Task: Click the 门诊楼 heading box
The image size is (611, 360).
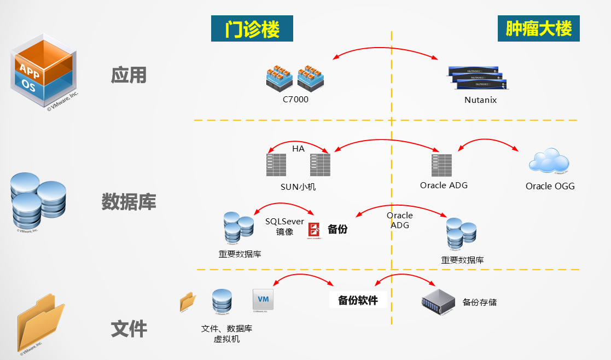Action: [252, 28]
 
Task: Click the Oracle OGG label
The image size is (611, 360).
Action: [550, 186]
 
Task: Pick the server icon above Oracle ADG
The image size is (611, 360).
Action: [442, 165]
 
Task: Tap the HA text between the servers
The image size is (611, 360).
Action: [298, 148]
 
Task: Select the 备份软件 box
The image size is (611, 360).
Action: [358, 300]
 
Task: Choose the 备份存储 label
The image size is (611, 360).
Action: [480, 302]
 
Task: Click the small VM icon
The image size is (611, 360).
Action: [263, 300]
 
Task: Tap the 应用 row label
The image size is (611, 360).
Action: [129, 75]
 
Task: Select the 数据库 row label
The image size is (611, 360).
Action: [129, 202]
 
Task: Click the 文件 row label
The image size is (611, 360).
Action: [129, 329]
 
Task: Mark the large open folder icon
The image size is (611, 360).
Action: [40, 323]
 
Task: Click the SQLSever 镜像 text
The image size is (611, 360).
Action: [284, 227]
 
